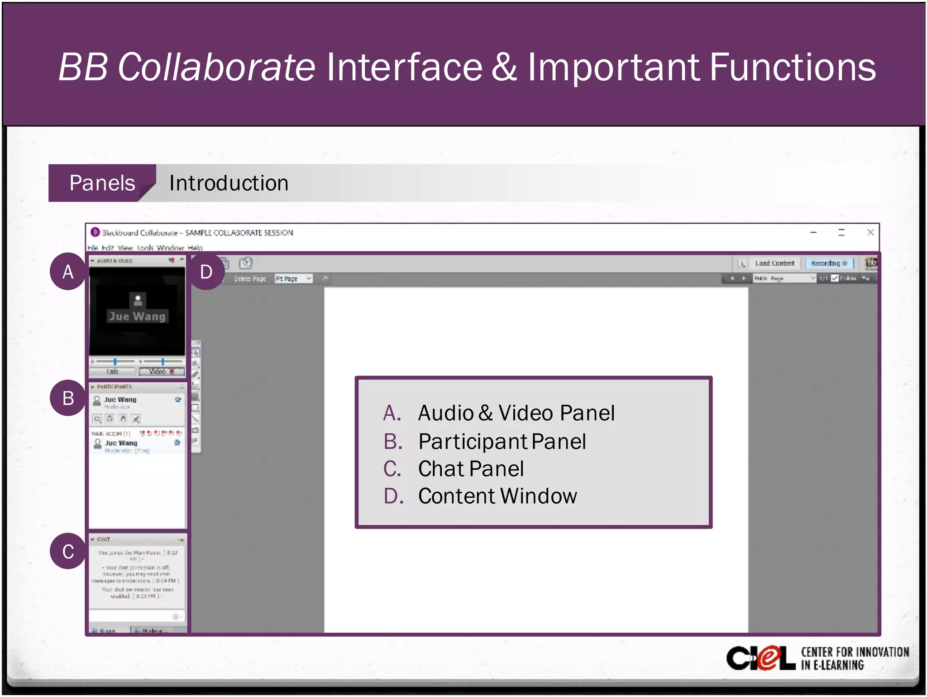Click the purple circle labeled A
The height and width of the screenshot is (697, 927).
coord(68,272)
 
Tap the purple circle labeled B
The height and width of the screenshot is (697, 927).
coord(68,398)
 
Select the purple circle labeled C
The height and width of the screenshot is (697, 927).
coord(68,551)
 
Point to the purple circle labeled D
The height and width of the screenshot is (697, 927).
coord(206,272)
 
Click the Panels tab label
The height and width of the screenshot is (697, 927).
coord(102,183)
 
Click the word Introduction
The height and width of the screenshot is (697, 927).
coord(229,183)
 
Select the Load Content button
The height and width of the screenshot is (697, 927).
coord(774,263)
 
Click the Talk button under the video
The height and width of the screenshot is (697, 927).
coord(112,371)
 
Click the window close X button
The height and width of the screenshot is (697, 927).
coord(870,232)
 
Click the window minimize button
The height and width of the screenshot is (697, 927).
coord(813,232)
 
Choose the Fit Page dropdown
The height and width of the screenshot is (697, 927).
coord(293,279)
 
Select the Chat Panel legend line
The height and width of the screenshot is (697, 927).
coord(471,469)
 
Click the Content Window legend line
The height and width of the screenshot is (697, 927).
coord(497,496)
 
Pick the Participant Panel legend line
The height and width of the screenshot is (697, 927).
coord(502,442)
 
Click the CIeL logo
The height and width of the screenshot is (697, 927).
coord(760,658)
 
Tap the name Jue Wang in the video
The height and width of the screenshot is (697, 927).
coord(137,316)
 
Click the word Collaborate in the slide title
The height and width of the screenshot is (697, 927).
coord(216,67)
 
